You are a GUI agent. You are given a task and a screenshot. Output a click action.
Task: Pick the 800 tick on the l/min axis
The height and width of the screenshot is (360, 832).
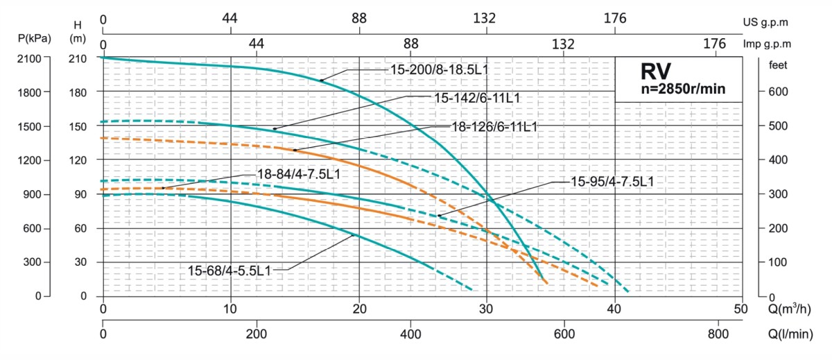719,332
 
